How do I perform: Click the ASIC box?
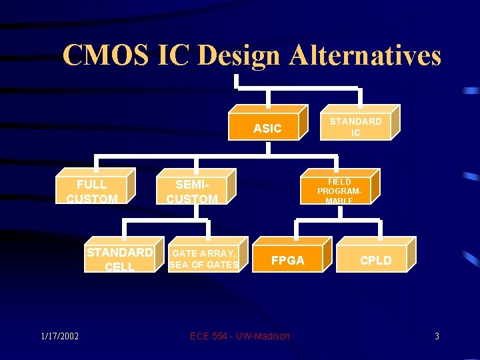(x=267, y=127)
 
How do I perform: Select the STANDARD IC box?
(x=355, y=127)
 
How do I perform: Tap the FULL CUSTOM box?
(x=92, y=191)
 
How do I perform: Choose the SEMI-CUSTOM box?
(x=192, y=191)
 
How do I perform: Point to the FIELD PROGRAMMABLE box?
(x=339, y=191)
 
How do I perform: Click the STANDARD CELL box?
(x=120, y=259)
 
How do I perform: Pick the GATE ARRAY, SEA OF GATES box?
(x=204, y=259)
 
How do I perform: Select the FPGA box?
(x=288, y=260)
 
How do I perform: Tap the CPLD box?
(x=376, y=260)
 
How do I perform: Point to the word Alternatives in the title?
(x=365, y=55)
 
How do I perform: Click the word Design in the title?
(x=239, y=55)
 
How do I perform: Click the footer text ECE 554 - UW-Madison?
(x=240, y=336)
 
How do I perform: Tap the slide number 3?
(x=437, y=336)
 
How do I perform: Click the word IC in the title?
(x=173, y=55)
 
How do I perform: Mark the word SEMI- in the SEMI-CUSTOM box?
(x=192, y=184)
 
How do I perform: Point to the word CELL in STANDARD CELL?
(x=120, y=267)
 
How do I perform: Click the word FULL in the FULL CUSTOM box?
(x=92, y=184)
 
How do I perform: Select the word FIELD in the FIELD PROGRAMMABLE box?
(x=339, y=181)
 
